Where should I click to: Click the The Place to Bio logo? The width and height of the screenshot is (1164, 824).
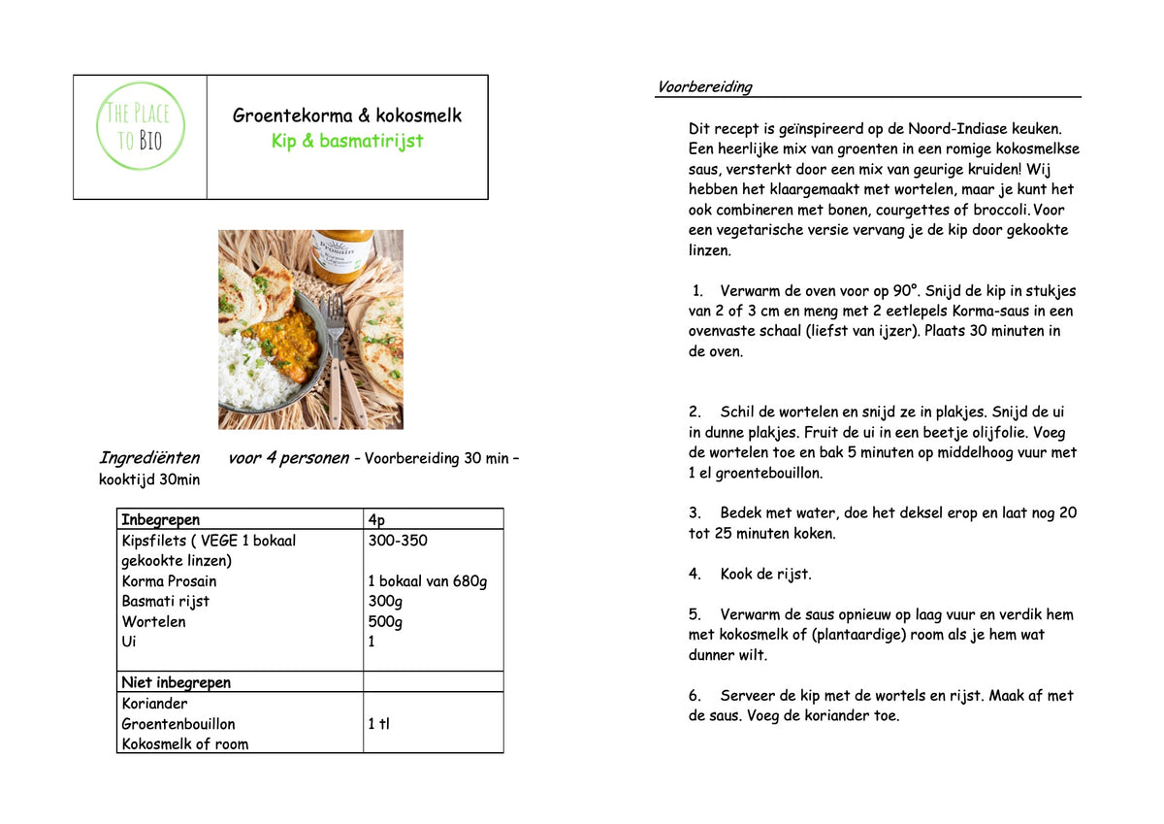click(141, 127)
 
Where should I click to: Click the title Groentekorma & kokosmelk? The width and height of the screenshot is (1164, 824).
click(347, 115)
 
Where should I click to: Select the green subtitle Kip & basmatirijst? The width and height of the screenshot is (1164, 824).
click(347, 141)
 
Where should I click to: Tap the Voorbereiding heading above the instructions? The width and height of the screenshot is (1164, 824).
click(704, 87)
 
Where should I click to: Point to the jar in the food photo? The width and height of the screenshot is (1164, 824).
click(344, 255)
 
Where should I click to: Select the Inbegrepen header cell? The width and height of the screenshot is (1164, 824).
click(161, 519)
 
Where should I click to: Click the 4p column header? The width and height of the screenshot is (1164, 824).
click(376, 519)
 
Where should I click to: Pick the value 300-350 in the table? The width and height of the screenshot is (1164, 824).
click(398, 541)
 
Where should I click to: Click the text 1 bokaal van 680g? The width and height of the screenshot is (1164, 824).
click(428, 581)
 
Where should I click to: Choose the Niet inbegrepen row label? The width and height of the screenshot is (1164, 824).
click(177, 682)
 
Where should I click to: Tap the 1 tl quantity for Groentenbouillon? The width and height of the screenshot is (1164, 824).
click(378, 724)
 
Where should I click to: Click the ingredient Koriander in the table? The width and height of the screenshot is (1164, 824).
click(155, 704)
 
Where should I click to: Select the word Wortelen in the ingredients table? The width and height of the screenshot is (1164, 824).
click(153, 622)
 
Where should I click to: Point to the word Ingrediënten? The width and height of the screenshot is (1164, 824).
click(149, 458)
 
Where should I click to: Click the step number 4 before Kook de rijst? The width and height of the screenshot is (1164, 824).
click(695, 574)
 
